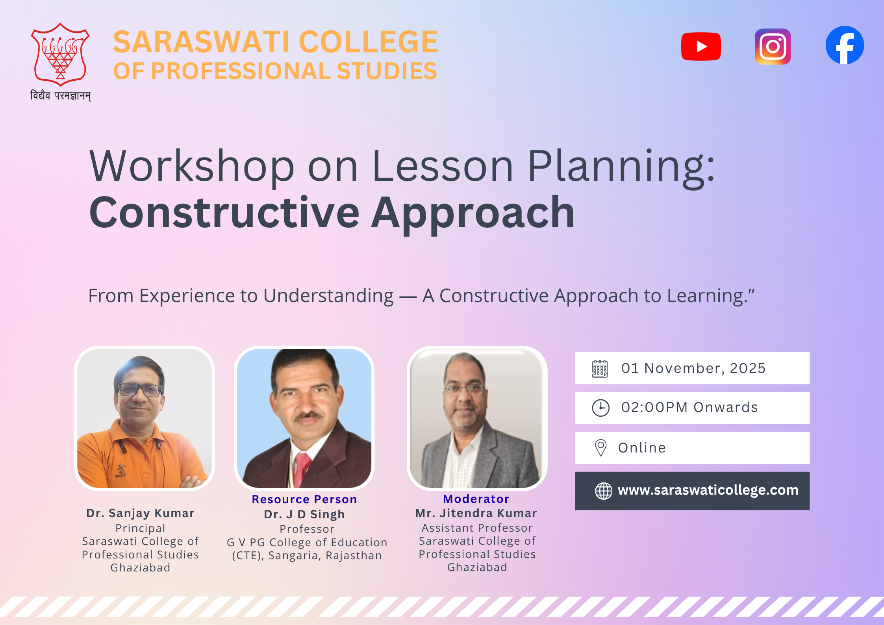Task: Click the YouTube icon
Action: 701,46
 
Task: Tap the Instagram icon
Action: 773,46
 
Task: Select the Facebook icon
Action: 845,45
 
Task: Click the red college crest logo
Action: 60,54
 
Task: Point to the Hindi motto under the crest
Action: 61,96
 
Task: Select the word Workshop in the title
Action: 192,166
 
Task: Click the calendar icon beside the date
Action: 600,369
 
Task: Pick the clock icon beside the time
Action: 601,408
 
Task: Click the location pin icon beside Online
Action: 600,448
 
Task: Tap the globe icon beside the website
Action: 603,491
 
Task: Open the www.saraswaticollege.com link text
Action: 708,490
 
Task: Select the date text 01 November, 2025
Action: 693,368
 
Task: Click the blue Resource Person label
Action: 304,499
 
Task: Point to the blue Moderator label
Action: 476,499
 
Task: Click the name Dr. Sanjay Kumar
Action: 141,513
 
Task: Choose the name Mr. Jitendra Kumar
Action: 476,513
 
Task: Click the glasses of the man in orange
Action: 139,390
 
